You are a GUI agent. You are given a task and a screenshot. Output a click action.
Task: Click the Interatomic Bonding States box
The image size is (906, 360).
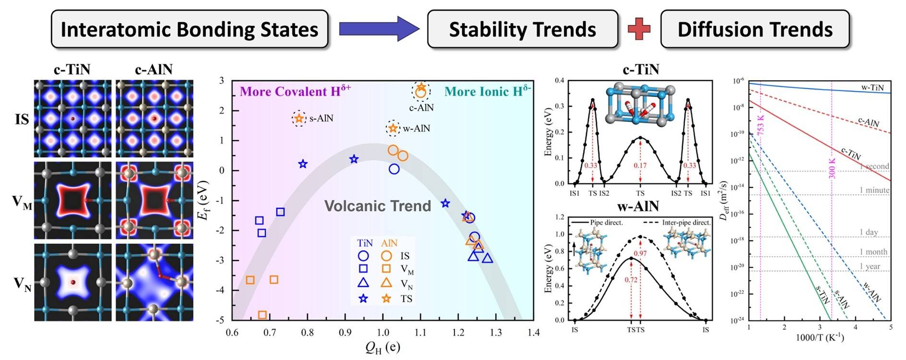(x=190, y=29)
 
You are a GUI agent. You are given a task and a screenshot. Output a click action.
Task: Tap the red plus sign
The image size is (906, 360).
(x=639, y=29)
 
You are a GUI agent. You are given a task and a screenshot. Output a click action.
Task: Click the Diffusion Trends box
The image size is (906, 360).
(x=755, y=29)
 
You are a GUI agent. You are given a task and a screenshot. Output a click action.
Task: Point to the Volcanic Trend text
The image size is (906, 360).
(x=378, y=206)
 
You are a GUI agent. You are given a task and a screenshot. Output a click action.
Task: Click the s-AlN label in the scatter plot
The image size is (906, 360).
(x=321, y=118)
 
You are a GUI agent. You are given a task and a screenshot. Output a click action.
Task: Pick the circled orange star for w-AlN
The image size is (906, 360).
(x=393, y=128)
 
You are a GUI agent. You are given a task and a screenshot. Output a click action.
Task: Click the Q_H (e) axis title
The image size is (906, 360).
(x=382, y=347)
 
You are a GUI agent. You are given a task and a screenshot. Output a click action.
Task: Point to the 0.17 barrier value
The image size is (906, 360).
(x=640, y=166)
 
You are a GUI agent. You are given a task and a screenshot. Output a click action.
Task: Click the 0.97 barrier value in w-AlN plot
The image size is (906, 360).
(x=640, y=253)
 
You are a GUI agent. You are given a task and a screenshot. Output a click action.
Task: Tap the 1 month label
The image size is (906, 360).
(x=873, y=252)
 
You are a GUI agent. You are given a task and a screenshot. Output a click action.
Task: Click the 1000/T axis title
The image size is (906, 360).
(x=820, y=337)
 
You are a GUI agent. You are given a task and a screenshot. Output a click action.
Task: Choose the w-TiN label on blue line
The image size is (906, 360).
(x=872, y=87)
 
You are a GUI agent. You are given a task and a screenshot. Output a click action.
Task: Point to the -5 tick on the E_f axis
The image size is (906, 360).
(x=221, y=320)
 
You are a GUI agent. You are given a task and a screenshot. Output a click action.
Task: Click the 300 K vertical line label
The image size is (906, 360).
(x=833, y=168)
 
